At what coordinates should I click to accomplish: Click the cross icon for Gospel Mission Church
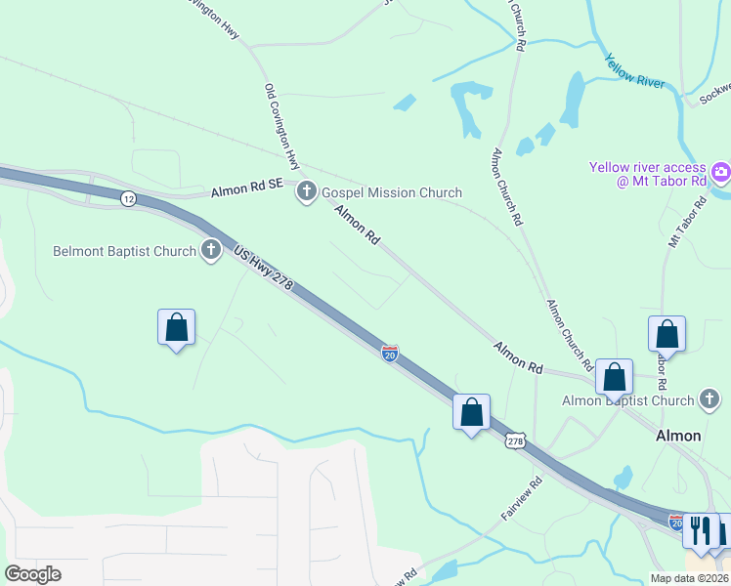307,192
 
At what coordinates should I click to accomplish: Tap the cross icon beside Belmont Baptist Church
211,251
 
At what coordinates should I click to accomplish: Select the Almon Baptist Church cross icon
710,399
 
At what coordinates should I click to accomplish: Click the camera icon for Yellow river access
721,174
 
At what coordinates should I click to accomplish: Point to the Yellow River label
634,70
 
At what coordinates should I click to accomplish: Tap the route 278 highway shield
515,441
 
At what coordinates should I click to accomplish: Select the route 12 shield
129,198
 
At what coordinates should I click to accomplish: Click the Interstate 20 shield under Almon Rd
390,354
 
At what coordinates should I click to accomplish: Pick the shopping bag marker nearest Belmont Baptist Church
176,327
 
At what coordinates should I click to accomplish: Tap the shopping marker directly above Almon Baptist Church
615,377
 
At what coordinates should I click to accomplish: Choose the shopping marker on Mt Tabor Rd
666,334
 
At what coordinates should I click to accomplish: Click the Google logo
32,574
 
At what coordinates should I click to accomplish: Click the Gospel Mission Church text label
391,192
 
